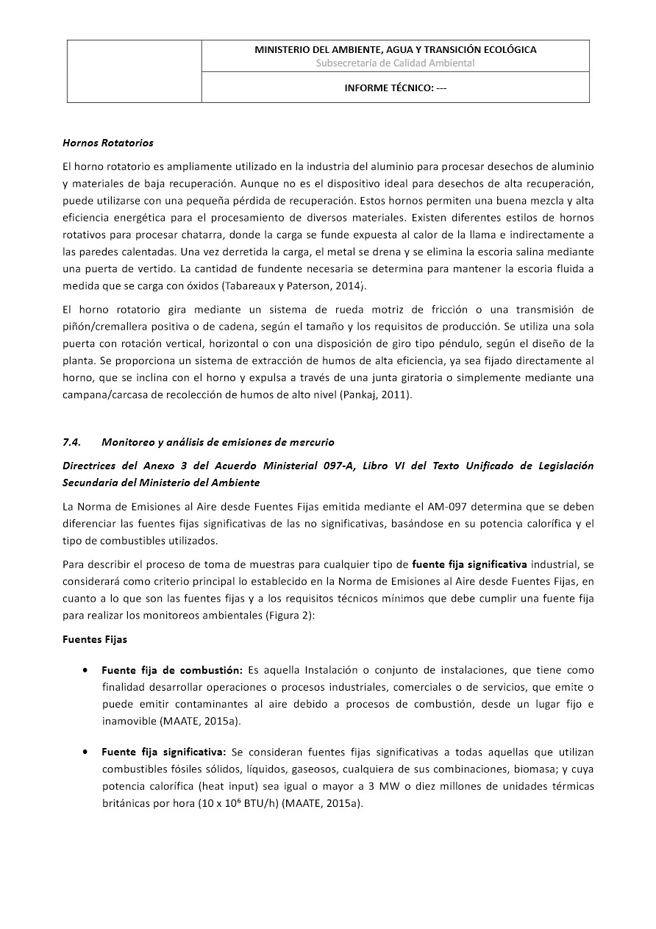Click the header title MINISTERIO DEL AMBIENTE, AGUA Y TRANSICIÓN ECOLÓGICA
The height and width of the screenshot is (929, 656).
[395, 49]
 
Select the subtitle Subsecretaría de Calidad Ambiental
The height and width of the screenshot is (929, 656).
[395, 63]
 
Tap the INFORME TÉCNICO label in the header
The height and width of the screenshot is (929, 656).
[395, 88]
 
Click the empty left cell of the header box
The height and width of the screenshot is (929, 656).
[134, 71]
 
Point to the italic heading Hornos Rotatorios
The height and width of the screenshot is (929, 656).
[107, 142]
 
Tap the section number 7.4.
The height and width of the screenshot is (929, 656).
[71, 442]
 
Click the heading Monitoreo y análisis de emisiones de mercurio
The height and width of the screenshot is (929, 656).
[218, 442]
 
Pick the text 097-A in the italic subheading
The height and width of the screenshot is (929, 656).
[338, 466]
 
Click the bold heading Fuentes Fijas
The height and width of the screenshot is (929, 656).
[95, 639]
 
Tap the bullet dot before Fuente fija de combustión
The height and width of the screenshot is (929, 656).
[87, 670]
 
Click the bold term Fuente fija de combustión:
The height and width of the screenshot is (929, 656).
[172, 670]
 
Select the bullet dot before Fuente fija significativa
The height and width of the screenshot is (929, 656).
[87, 752]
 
